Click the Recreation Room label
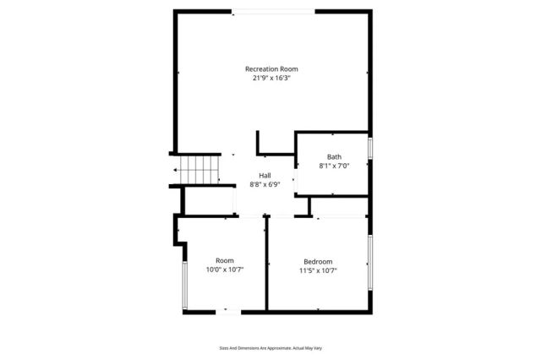271,68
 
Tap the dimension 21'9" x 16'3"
271,78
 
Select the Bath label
334,157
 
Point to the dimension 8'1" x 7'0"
334,166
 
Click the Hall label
265,175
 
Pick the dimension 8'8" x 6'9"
265,184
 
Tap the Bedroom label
318,261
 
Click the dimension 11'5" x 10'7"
318,270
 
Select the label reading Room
224,260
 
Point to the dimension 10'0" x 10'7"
224,270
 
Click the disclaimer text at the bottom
270,347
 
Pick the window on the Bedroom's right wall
370,261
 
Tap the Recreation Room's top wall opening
273,11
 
